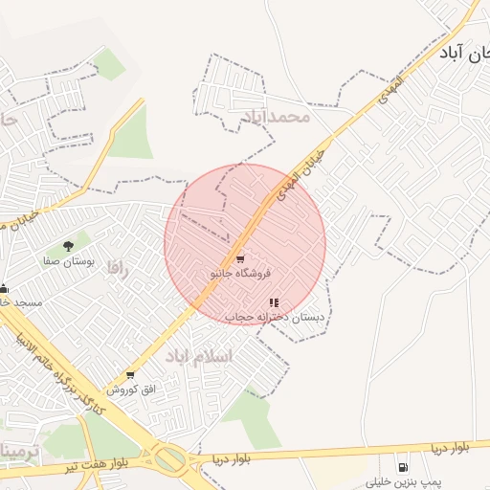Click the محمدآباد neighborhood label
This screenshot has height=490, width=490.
277,117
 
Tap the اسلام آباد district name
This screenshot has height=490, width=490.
199,356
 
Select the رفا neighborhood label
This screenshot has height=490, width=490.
117,265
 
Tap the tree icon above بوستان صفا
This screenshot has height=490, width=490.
67,247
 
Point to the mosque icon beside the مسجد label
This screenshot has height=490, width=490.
4,288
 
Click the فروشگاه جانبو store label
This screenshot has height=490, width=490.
241,274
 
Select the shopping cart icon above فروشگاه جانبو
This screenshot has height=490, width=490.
240,258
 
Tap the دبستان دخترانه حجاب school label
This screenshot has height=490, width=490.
276,317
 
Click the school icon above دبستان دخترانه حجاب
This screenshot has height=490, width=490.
275,302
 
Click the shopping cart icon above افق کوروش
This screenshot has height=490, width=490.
130,375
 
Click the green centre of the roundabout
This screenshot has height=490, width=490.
170,460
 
